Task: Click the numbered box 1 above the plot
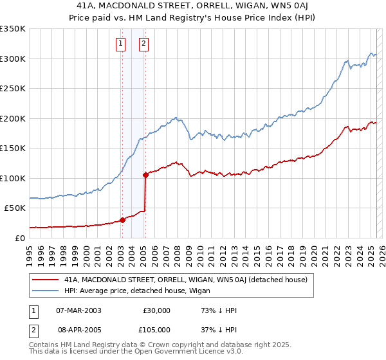click(120, 44)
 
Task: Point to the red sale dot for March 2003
click(122, 220)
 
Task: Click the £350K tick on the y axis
click(13, 29)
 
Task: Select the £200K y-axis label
click(13, 118)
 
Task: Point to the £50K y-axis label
click(15, 208)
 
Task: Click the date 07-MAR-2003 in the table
click(79, 310)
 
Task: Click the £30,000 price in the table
click(156, 310)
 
